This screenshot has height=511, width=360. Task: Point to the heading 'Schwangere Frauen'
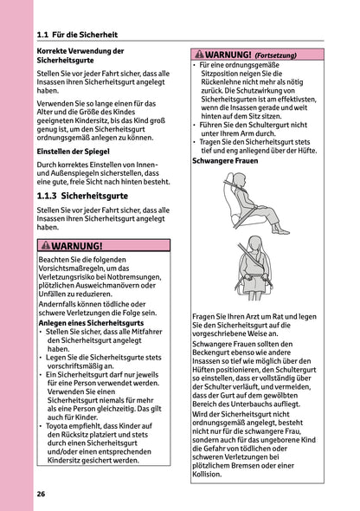click(x=223, y=161)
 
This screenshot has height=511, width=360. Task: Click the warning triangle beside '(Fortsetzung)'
click(x=199, y=54)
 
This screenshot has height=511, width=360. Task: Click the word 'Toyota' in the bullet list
click(x=61, y=427)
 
